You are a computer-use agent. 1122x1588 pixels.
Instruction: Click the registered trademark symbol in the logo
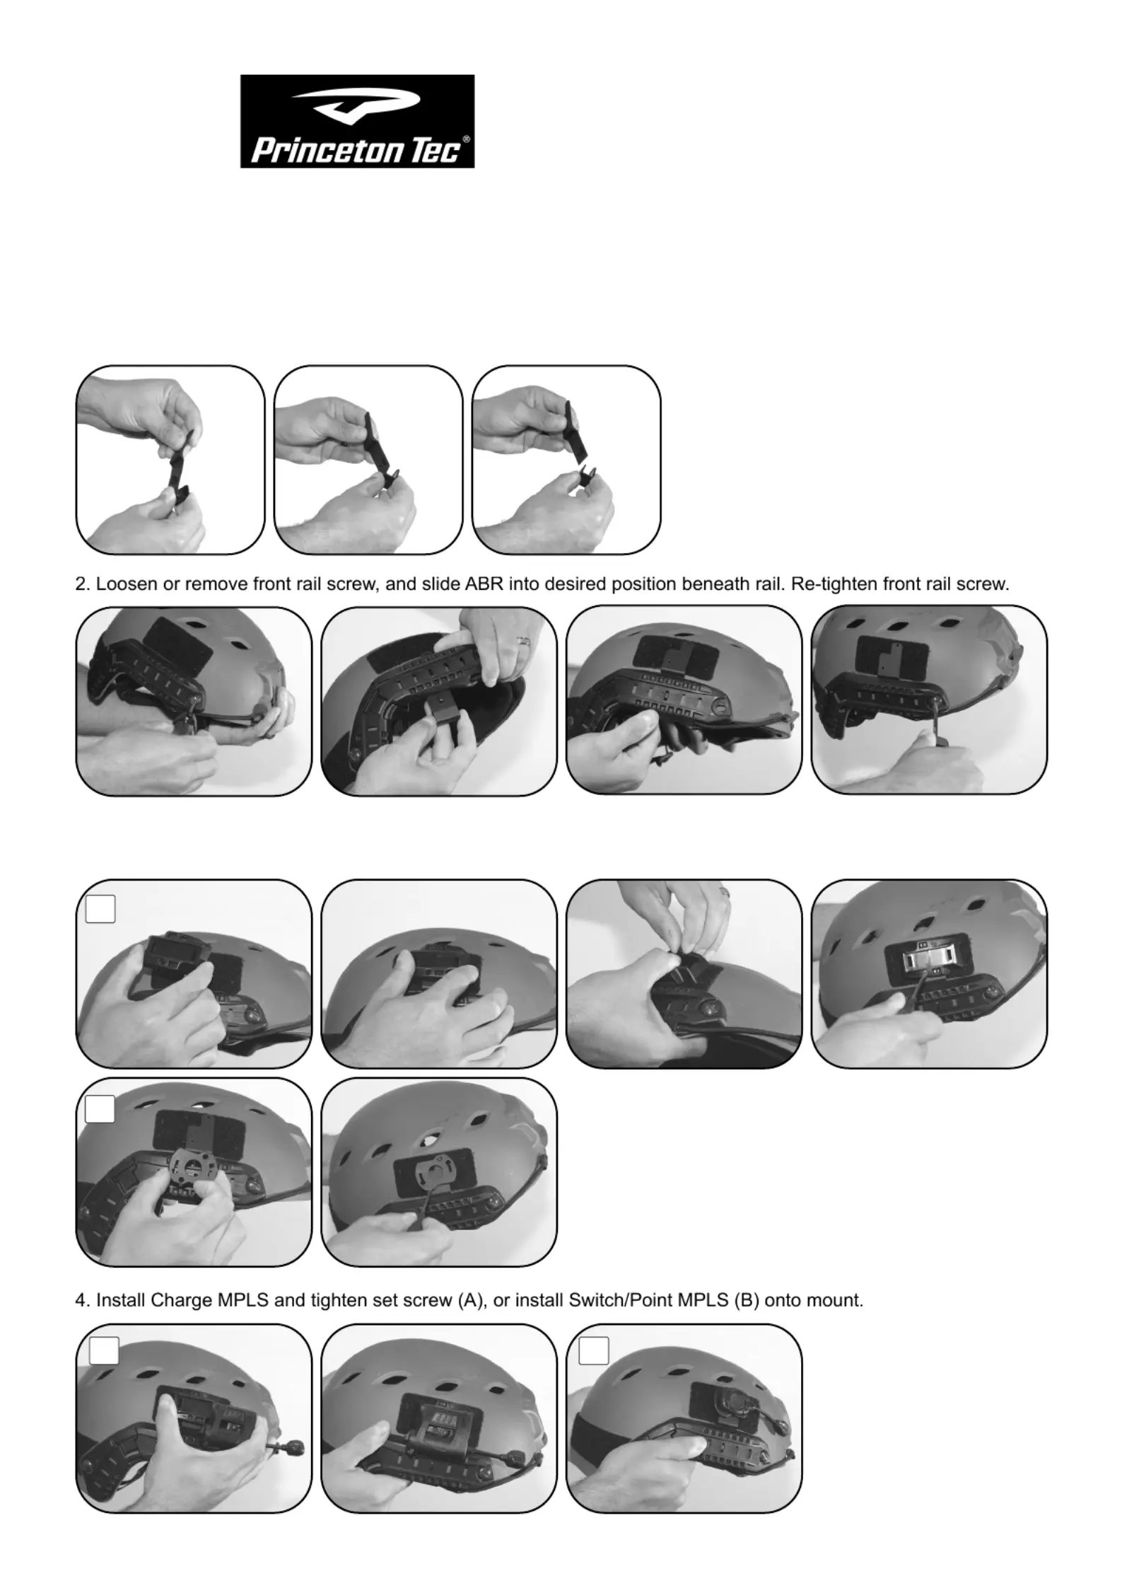(465, 139)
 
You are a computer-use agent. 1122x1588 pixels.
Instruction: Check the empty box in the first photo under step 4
(104, 1350)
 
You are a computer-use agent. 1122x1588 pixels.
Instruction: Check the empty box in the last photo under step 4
(594, 1350)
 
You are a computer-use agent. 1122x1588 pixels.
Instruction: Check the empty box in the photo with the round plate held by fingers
(100, 1108)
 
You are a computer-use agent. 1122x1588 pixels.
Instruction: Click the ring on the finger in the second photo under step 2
(525, 641)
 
